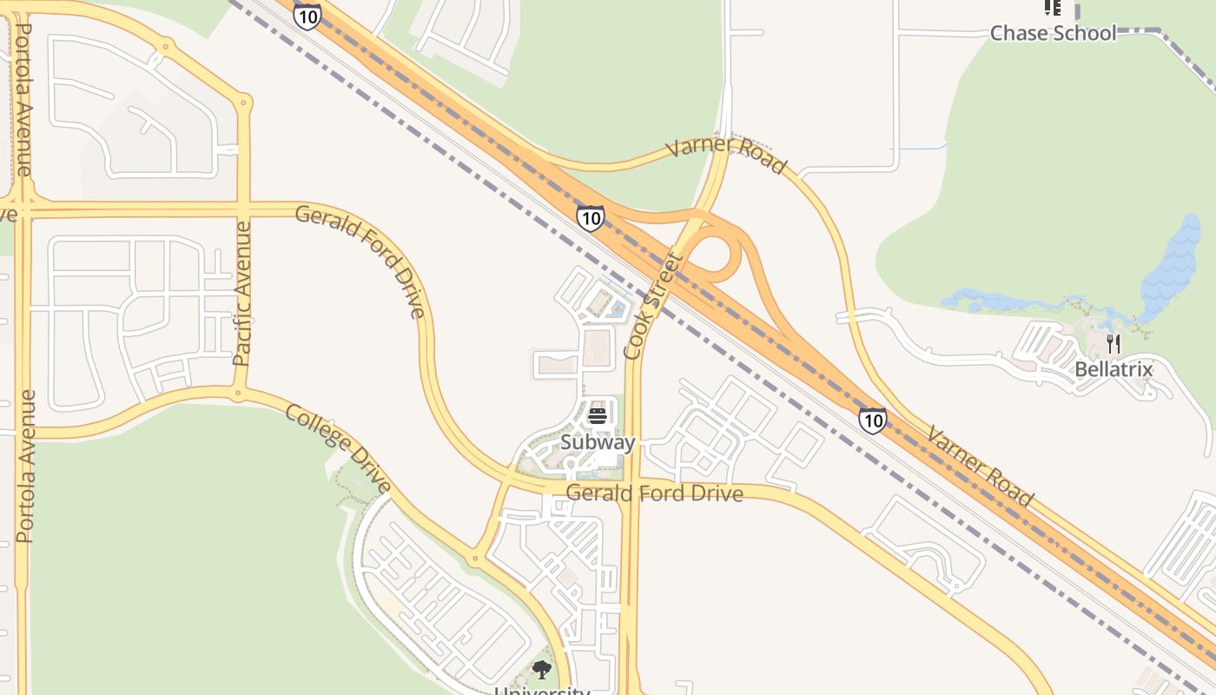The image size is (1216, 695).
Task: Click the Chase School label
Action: pyautogui.click(x=1053, y=33)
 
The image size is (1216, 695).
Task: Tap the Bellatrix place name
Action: pyautogui.click(x=1114, y=369)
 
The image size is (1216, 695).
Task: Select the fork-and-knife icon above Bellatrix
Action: pyautogui.click(x=1114, y=344)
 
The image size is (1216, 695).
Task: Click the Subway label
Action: pyautogui.click(x=598, y=442)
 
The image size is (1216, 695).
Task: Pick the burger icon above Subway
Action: pyautogui.click(x=597, y=416)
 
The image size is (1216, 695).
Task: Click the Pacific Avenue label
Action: pyautogui.click(x=242, y=292)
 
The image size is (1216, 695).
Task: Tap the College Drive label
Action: pyautogui.click(x=338, y=448)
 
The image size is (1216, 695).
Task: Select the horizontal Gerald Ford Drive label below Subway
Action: pyautogui.click(x=655, y=493)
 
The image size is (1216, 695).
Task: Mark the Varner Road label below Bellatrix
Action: pyautogui.click(x=981, y=466)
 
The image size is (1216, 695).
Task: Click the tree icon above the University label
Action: pyautogui.click(x=542, y=669)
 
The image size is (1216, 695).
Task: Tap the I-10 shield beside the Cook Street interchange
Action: pyautogui.click(x=590, y=217)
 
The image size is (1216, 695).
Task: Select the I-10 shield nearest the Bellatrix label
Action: pyautogui.click(x=873, y=421)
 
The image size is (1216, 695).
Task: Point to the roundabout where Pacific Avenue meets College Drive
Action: pyautogui.click(x=237, y=394)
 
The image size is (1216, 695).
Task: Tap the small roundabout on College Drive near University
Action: pyautogui.click(x=474, y=557)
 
